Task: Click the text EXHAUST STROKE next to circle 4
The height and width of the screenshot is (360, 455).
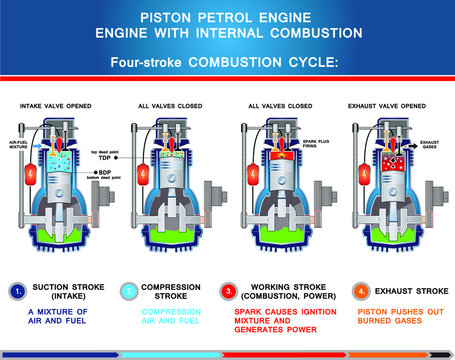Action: pos(410,292)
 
